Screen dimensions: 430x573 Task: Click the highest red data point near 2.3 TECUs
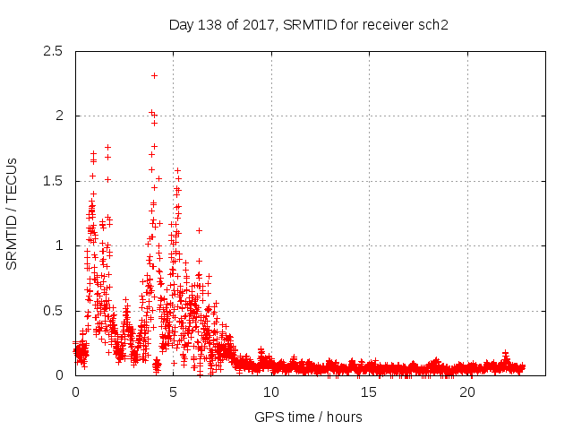click(x=155, y=75)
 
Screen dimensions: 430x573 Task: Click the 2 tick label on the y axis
click(x=59, y=116)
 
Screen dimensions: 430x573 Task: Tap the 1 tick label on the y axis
click(x=59, y=245)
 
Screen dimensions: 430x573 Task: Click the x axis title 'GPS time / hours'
click(x=308, y=417)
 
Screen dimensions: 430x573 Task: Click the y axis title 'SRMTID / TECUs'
click(x=13, y=213)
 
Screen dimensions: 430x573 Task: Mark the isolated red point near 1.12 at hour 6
click(x=199, y=230)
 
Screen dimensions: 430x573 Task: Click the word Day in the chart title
click(x=181, y=25)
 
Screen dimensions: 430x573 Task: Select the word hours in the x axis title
click(x=344, y=417)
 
